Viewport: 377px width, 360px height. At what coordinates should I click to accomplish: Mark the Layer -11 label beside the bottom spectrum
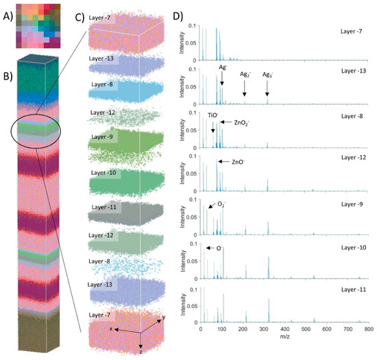[350, 292]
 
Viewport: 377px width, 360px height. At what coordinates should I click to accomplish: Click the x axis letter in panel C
[110, 328]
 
